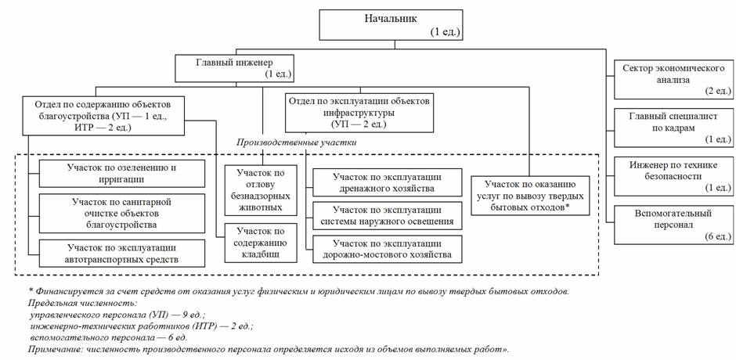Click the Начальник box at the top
[x=392, y=24]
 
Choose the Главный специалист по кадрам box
[x=672, y=128]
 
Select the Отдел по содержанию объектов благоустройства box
[x=109, y=117]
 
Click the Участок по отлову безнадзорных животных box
[x=259, y=189]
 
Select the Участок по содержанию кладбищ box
[x=259, y=243]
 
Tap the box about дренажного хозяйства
[x=387, y=182]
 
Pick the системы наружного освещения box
[x=387, y=216]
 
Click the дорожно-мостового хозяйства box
[x=387, y=249]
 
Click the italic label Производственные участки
[x=298, y=142]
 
